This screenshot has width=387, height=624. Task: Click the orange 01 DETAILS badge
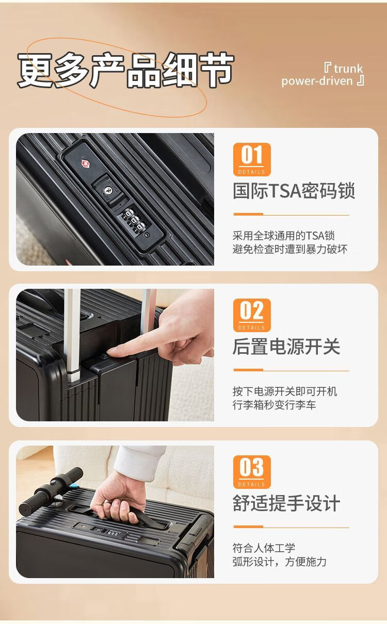(x=252, y=159)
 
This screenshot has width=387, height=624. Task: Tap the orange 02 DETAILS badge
(x=252, y=315)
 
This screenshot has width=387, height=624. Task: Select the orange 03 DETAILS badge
(x=252, y=472)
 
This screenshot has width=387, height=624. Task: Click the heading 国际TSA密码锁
(x=294, y=191)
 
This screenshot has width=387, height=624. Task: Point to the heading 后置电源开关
(x=286, y=347)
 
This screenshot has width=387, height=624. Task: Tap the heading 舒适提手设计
(x=286, y=503)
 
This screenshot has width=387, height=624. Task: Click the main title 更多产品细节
(x=125, y=70)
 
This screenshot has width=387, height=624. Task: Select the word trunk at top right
(x=348, y=69)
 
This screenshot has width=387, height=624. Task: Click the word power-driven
(x=317, y=81)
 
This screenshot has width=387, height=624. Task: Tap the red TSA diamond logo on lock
(x=85, y=163)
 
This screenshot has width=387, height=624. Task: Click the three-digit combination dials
(x=134, y=220)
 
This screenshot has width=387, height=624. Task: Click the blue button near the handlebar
(x=74, y=486)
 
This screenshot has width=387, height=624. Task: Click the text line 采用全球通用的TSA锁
(x=284, y=235)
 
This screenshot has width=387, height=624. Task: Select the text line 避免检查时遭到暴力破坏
(x=290, y=249)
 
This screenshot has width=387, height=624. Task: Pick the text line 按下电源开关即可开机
(x=285, y=391)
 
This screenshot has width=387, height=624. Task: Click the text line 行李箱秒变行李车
(x=275, y=404)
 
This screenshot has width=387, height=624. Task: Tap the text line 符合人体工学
(x=264, y=548)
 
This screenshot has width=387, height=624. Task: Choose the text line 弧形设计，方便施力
(x=279, y=561)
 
